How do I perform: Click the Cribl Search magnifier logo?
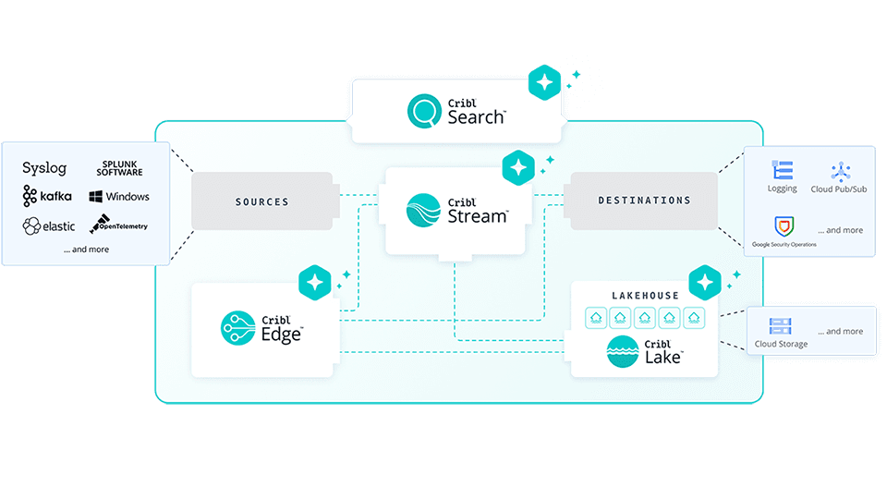[x=425, y=112]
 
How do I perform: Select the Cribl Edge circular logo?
[x=237, y=328]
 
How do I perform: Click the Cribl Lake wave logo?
[x=623, y=352]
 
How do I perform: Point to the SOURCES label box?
[x=261, y=201]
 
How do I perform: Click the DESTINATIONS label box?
[x=644, y=201]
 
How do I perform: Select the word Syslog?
[x=44, y=168]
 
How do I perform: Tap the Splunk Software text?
[x=122, y=168]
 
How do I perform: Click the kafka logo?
[x=48, y=196]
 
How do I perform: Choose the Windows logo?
[x=119, y=197]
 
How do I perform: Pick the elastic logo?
[x=49, y=225]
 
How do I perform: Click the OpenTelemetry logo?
[x=118, y=225]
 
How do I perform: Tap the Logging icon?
[x=782, y=171]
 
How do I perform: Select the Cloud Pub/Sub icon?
[x=840, y=171]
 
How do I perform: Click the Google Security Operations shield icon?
[x=784, y=225]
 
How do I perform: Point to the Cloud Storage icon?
[x=781, y=326]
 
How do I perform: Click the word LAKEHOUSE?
[x=645, y=296]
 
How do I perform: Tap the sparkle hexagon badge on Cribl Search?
[x=544, y=83]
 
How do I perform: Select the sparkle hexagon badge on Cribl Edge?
[x=315, y=280]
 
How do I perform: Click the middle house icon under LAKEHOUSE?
[x=645, y=317]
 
